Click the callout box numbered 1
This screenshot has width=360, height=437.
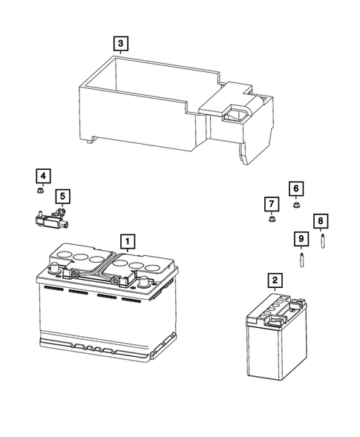[128, 241]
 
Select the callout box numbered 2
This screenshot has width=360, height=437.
[275, 280]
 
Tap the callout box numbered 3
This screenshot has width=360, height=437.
[120, 44]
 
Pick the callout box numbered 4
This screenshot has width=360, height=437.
[44, 176]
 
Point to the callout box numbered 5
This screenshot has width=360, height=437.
[63, 196]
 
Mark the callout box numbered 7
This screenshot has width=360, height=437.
[271, 203]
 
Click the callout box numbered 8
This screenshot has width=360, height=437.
[321, 221]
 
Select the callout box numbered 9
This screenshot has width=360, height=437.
[301, 238]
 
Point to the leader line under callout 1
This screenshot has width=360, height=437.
[128, 252]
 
